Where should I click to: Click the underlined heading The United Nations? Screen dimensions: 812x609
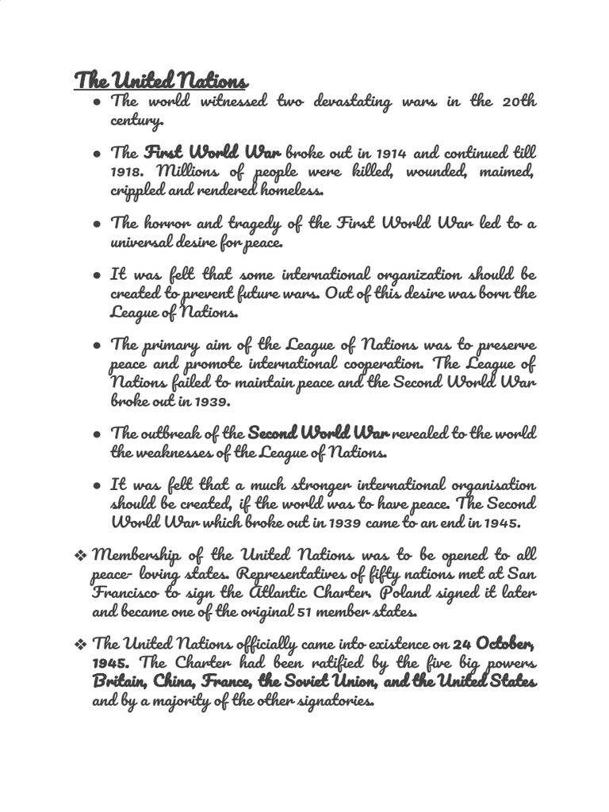pyautogui.click(x=161, y=80)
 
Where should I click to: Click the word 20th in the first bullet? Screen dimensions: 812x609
pyautogui.click(x=519, y=102)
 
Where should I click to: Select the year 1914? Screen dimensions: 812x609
pyautogui.click(x=393, y=152)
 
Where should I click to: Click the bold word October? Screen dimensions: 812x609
pyautogui.click(x=505, y=643)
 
